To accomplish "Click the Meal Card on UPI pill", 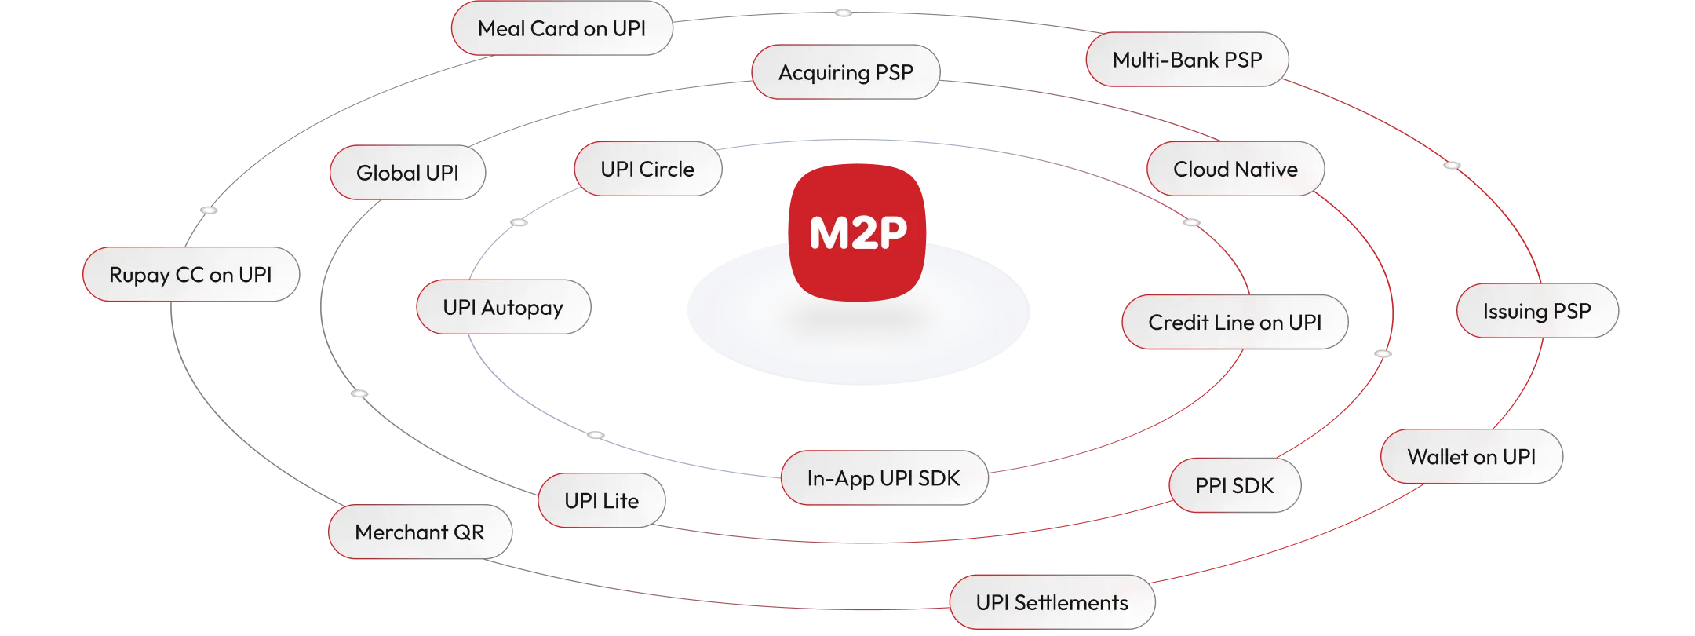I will click(x=561, y=28).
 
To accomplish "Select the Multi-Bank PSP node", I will click(x=1186, y=60).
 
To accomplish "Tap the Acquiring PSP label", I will click(x=845, y=72).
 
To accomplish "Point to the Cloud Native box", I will click(x=1235, y=169).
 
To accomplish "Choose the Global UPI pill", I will click(x=407, y=173).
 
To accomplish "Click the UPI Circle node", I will click(x=647, y=169).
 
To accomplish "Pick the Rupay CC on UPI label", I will click(x=191, y=275).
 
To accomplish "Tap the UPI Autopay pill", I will click(x=503, y=307).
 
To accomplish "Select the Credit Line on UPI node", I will click(x=1234, y=322).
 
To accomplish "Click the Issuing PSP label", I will click(x=1536, y=311).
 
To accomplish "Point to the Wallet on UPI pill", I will click(x=1471, y=456).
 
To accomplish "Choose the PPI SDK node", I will click(x=1234, y=485).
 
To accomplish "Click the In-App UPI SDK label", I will click(x=884, y=478).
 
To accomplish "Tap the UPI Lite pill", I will click(x=601, y=500).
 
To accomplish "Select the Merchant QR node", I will click(x=420, y=532).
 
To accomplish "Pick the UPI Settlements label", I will click(x=1052, y=602).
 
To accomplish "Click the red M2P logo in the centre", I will click(x=857, y=232).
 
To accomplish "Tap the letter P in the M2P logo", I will click(x=891, y=233).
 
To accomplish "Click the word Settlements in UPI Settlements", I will click(x=1071, y=602).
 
